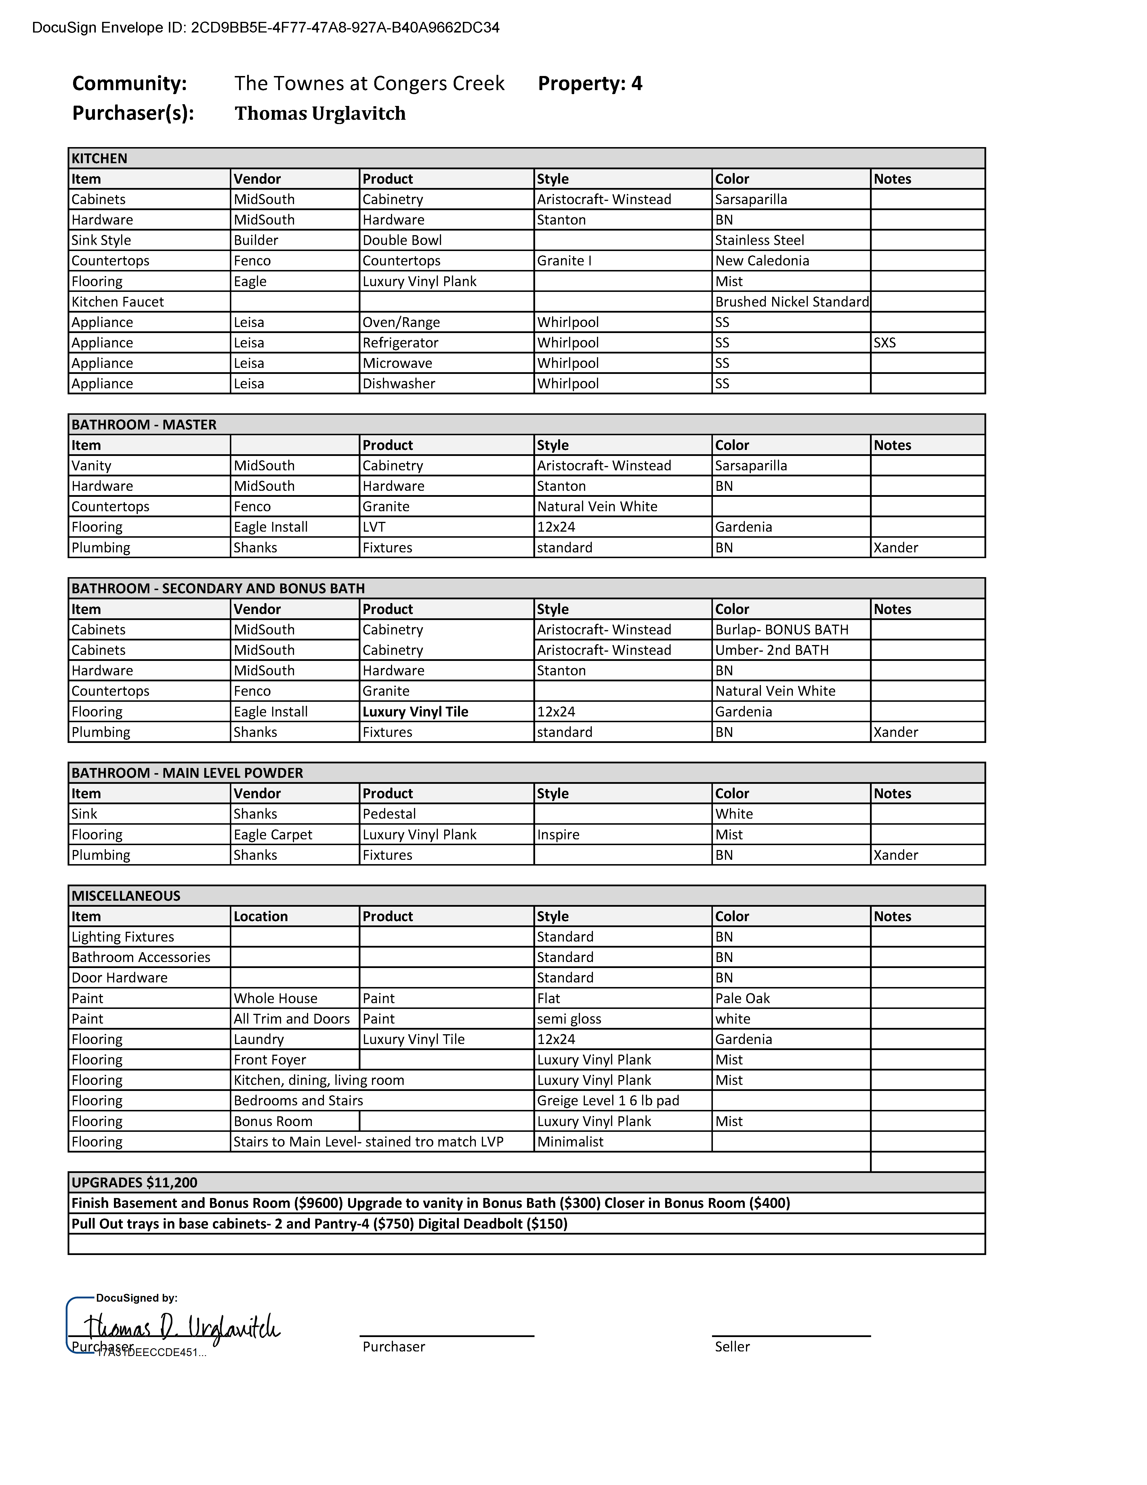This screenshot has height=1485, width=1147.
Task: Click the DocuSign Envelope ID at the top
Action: pos(266,28)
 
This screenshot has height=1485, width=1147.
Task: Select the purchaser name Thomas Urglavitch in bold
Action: pos(320,113)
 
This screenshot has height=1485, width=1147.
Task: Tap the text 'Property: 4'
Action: pos(590,84)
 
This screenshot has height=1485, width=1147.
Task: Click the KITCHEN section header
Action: pos(100,158)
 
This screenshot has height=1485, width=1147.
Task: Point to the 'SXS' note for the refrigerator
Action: pos(885,343)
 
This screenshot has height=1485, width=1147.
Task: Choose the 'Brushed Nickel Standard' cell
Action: pos(792,302)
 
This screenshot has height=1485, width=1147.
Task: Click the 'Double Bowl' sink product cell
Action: pos(402,241)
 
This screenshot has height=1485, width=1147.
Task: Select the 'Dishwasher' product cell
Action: pos(399,383)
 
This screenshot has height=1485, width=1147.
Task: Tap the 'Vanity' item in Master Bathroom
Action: pos(92,466)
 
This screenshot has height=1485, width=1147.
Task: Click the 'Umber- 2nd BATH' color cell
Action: pos(772,650)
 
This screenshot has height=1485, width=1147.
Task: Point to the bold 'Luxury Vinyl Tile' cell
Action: pos(415,712)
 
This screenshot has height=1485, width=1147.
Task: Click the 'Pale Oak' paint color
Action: pos(743,998)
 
